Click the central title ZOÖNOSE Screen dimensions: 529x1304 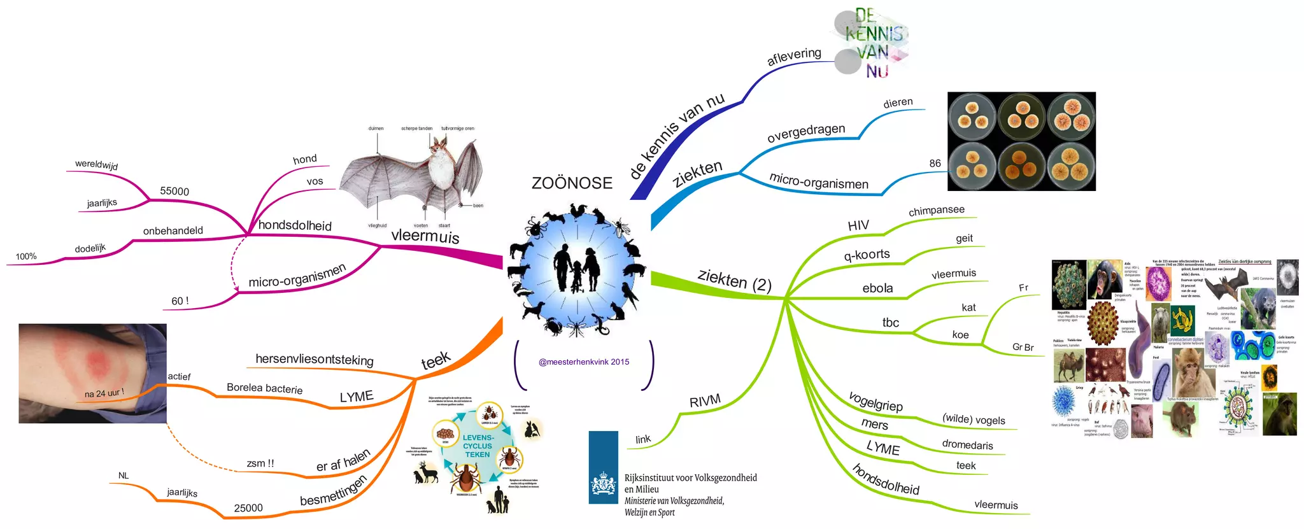572,183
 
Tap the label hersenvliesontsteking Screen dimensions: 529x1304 315,359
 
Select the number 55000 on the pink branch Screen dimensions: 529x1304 174,191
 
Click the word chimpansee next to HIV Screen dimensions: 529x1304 936,210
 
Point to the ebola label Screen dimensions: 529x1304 877,288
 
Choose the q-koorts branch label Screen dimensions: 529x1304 867,255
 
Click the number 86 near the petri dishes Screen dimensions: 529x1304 935,164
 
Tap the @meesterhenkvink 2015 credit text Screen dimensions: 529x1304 584,362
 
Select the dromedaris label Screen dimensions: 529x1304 967,444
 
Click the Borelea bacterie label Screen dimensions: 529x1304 264,388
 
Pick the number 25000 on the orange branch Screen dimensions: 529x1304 248,508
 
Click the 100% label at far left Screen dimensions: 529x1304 26,257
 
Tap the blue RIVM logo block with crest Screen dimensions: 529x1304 603,468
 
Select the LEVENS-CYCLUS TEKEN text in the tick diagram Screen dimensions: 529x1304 478,446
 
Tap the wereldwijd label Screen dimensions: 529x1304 96,164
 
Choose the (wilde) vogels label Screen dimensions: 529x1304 974,420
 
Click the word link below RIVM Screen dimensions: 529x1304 643,439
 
